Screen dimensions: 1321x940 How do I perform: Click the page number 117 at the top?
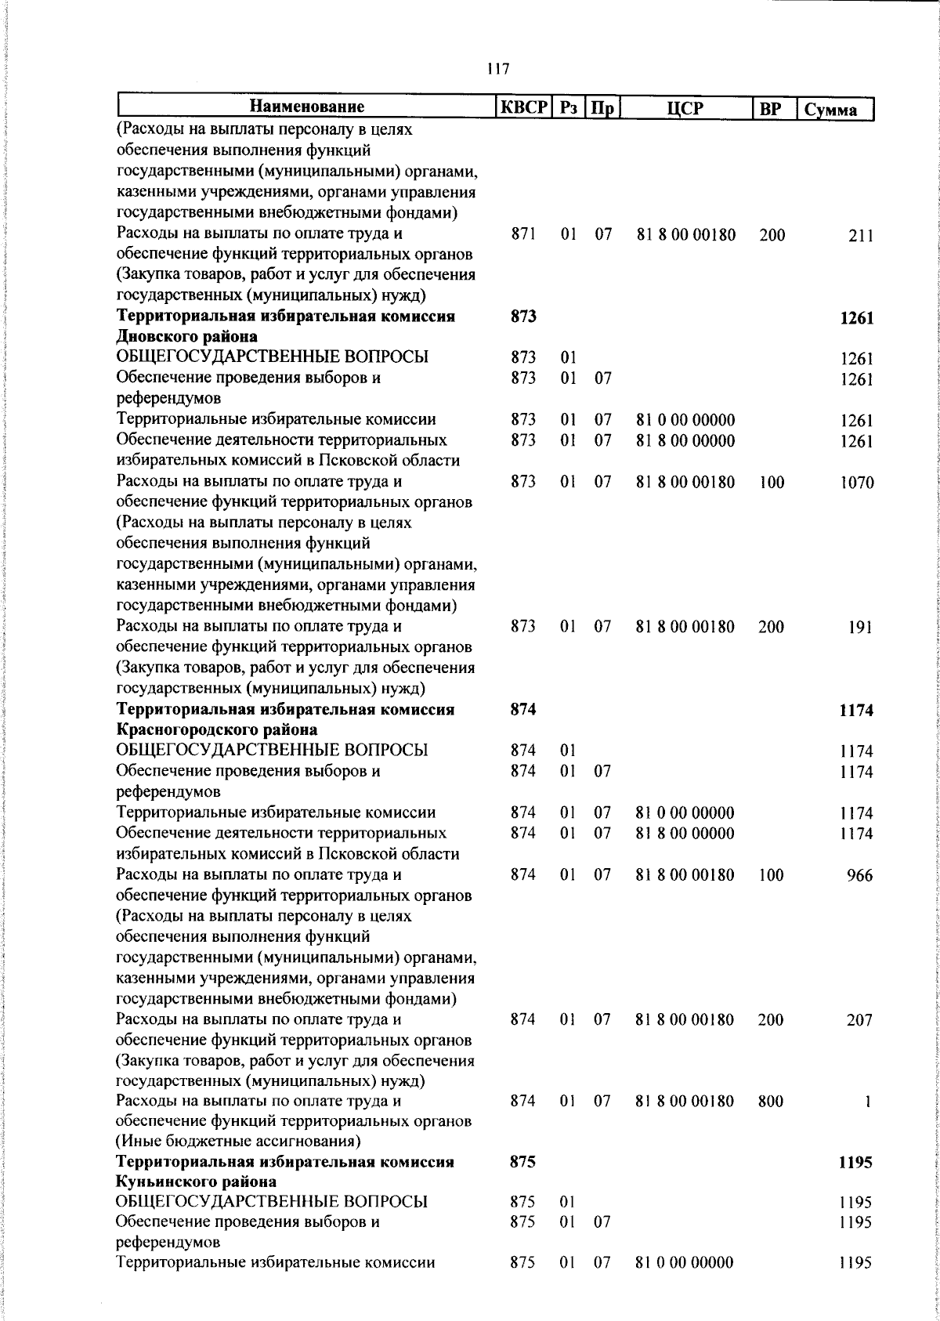tap(497, 69)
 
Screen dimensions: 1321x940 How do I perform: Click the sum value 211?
tap(860, 236)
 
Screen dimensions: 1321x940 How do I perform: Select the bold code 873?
tap(523, 317)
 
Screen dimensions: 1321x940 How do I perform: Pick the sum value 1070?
tap(856, 483)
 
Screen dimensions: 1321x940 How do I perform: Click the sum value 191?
tap(860, 628)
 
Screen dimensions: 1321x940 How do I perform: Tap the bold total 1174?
tap(855, 711)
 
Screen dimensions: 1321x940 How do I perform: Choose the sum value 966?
tap(859, 876)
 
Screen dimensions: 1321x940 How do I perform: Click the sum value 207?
tap(859, 1020)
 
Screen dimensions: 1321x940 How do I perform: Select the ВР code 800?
tap(771, 1101)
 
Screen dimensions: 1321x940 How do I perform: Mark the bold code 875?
tap(522, 1162)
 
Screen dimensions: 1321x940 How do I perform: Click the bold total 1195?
tap(855, 1163)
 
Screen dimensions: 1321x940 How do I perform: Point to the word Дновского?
tap(154, 337)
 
